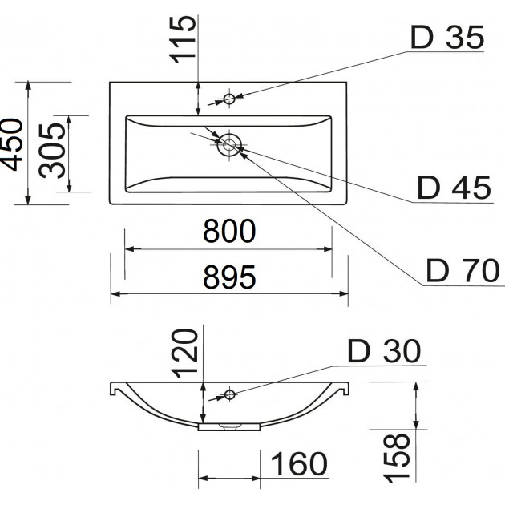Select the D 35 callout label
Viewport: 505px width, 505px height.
tap(448, 37)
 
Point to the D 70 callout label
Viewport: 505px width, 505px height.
tap(463, 271)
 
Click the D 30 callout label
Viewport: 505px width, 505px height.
tap(383, 350)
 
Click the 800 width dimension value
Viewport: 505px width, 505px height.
tap(228, 232)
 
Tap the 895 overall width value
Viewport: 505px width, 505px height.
tap(228, 277)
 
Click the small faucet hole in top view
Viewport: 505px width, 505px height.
tap(229, 99)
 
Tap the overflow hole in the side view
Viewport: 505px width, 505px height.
tap(229, 394)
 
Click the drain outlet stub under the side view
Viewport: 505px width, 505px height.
tap(229, 427)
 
